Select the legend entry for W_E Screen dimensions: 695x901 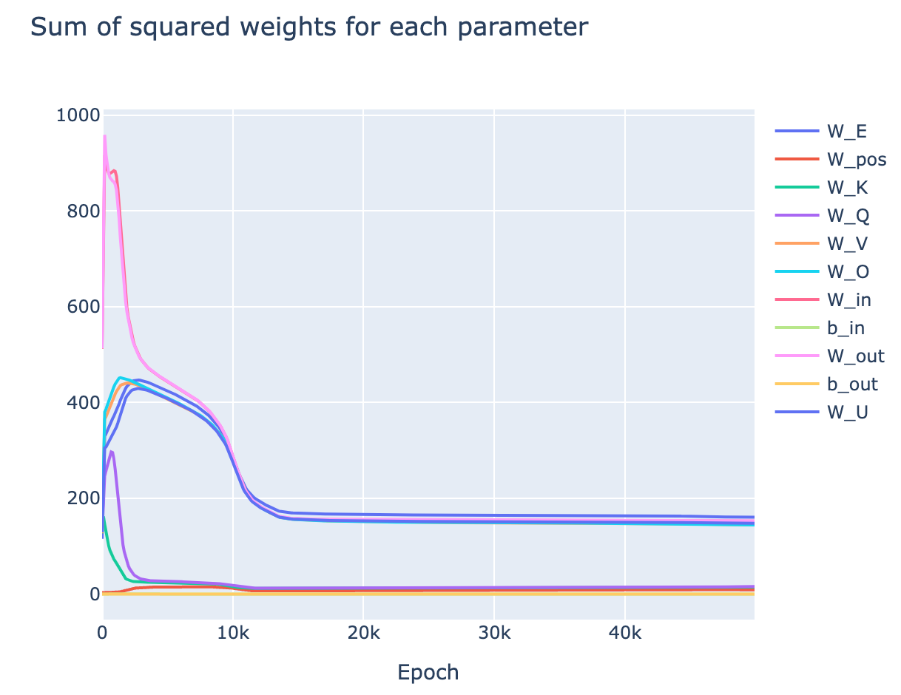point(846,132)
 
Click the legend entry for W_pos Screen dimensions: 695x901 point(856,160)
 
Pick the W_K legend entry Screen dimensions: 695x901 point(848,188)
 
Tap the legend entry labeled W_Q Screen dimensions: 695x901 point(848,216)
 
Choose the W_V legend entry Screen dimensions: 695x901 point(848,244)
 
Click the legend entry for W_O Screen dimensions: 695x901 point(848,272)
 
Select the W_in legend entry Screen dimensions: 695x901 point(848,299)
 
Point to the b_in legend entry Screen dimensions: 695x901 point(846,328)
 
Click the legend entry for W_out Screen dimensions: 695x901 point(855,356)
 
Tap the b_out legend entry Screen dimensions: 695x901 point(852,384)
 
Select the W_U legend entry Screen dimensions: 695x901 point(848,412)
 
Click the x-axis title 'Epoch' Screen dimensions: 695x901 point(428,672)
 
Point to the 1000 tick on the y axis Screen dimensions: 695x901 point(78,115)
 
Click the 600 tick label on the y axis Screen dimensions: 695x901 point(82,307)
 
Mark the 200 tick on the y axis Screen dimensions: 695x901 point(82,498)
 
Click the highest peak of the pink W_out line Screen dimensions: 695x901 point(105,135)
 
